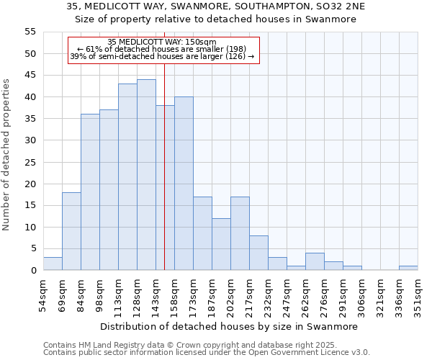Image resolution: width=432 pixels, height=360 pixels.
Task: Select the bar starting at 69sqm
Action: pos(71,231)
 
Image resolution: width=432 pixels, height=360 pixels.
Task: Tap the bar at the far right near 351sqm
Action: pos(408,268)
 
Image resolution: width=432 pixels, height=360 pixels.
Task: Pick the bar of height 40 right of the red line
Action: pos(184,184)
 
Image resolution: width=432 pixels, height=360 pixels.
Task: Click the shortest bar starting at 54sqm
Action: pos(53,264)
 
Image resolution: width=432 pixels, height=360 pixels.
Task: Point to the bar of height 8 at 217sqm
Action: pos(258,253)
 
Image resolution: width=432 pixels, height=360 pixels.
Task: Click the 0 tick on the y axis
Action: pos(32,271)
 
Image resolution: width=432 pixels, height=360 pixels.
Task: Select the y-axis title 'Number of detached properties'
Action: pos(7,155)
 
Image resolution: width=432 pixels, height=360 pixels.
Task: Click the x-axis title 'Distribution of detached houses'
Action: pos(229,326)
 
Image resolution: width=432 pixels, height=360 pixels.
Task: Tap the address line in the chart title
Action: pos(216,6)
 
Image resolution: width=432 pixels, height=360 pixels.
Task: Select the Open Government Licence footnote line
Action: pos(207,353)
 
